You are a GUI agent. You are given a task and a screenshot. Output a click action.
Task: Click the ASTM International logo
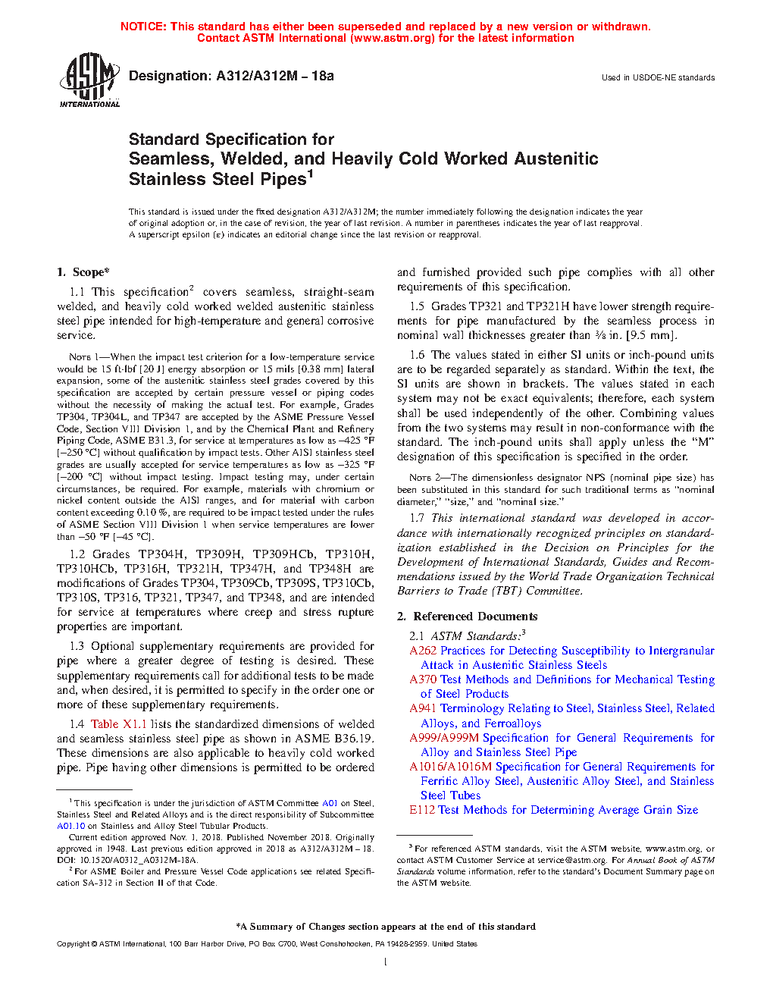[89, 80]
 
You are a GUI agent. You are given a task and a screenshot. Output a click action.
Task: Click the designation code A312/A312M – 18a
[274, 76]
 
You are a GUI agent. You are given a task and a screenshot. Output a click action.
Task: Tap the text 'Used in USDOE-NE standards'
[658, 77]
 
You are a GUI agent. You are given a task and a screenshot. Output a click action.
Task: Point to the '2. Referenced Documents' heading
[467, 617]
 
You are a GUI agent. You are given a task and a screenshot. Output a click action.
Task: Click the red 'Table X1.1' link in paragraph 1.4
[118, 724]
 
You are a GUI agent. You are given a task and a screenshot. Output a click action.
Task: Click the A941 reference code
[423, 708]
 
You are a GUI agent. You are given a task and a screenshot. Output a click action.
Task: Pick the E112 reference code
[422, 810]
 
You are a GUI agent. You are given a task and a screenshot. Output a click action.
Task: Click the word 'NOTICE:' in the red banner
[143, 27]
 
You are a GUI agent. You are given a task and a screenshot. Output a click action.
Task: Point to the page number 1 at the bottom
[386, 962]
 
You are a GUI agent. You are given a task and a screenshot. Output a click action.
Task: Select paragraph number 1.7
[417, 518]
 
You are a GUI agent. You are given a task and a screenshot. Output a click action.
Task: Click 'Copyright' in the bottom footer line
[74, 944]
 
